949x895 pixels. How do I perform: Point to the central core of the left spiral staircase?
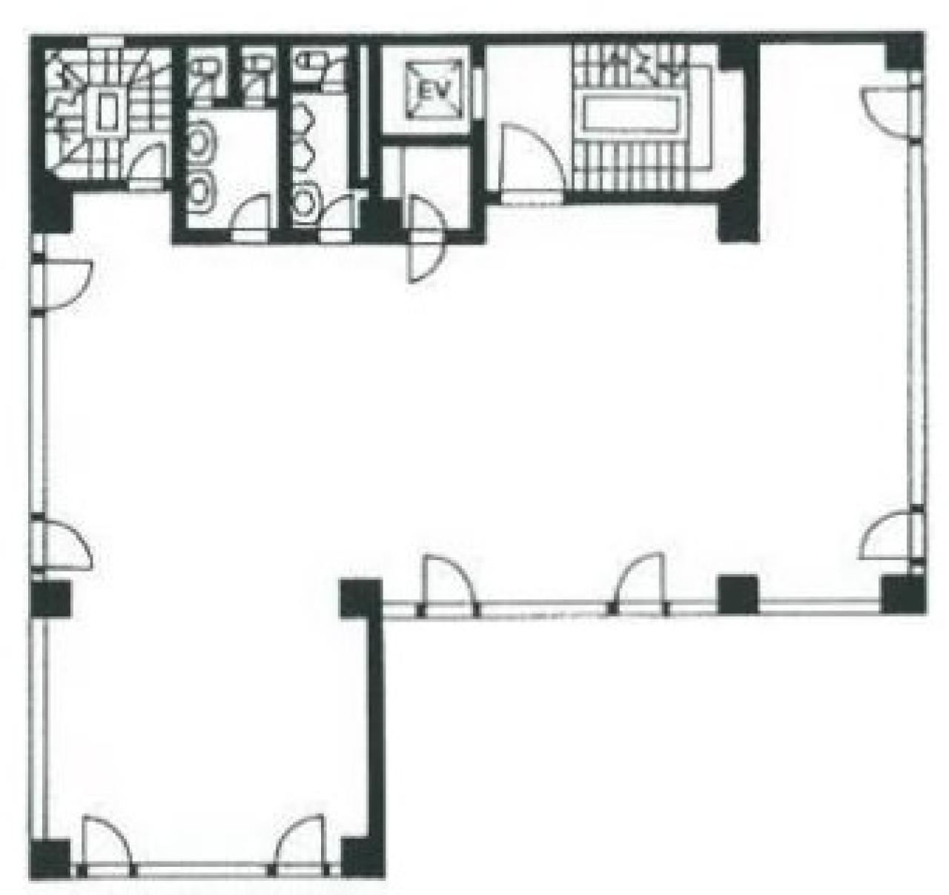[107, 110]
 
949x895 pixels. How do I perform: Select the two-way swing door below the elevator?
[426, 239]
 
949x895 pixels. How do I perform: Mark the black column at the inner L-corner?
[361, 599]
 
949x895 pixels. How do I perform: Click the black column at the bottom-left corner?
[50, 858]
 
